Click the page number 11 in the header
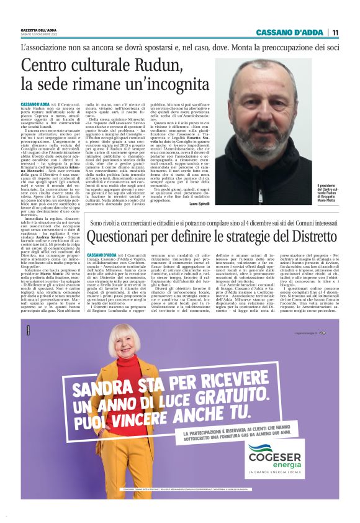tap(335, 32)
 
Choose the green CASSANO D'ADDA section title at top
tap(287, 32)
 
